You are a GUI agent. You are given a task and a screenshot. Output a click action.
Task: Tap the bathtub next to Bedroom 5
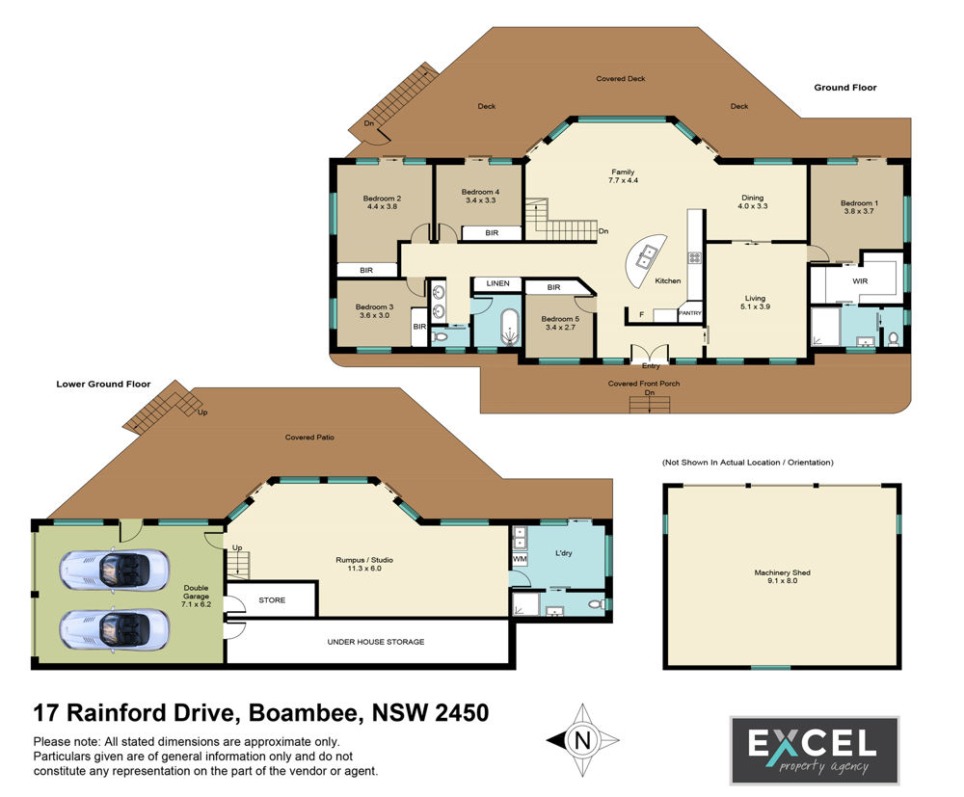(x=510, y=327)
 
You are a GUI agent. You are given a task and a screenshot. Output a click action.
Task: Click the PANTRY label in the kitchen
(x=689, y=313)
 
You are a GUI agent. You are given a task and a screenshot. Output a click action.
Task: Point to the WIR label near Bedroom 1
(x=860, y=280)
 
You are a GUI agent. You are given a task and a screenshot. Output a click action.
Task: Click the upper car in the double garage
(x=115, y=571)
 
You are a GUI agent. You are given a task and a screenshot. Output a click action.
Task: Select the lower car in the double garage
(x=115, y=629)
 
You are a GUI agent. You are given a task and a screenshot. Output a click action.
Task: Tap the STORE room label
(x=272, y=599)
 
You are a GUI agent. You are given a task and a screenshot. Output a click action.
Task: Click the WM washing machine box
(x=520, y=559)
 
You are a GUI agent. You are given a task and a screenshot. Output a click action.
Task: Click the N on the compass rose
(x=582, y=739)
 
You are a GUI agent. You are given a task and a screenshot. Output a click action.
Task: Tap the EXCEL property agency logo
(x=814, y=751)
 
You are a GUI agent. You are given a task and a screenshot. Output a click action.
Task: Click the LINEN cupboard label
(x=498, y=283)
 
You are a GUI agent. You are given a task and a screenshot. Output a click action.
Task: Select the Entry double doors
(x=650, y=356)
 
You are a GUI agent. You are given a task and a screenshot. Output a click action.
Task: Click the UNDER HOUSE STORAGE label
(x=376, y=642)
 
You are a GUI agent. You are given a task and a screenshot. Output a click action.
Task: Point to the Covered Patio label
(x=309, y=437)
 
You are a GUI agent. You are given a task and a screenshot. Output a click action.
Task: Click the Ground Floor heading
(x=845, y=88)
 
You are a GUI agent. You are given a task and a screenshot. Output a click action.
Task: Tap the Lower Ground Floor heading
(x=103, y=385)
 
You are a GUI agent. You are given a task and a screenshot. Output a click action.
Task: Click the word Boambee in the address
(x=303, y=713)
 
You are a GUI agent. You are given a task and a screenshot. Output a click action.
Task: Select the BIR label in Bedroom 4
(x=492, y=233)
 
